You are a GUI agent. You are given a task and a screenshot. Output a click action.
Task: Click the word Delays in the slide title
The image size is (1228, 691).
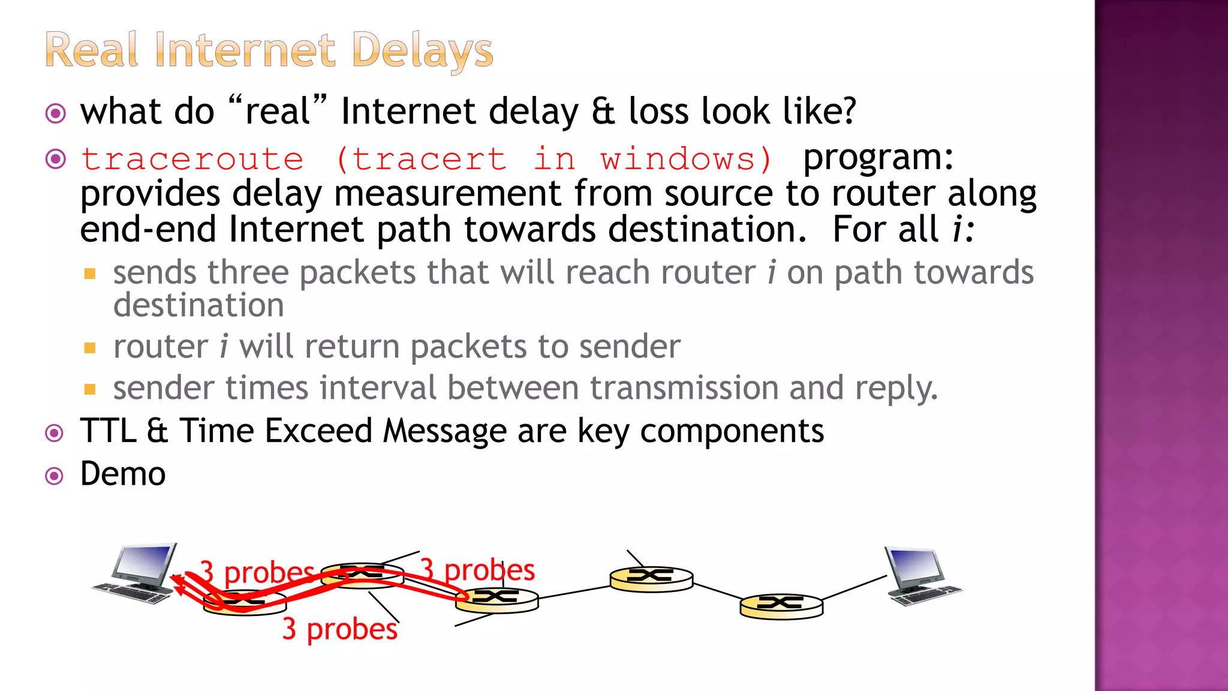[422, 50]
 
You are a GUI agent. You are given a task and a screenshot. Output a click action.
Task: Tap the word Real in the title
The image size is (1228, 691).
[92, 50]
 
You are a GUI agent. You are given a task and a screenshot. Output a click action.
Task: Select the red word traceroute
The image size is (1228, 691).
[192, 160]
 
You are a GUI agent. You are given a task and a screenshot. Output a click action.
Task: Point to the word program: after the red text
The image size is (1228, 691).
[878, 158]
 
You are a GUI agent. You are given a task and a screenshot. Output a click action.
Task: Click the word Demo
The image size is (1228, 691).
[123, 474]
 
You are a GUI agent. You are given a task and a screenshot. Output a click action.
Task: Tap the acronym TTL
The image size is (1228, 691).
[109, 431]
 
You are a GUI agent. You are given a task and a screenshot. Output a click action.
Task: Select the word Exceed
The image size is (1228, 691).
[318, 431]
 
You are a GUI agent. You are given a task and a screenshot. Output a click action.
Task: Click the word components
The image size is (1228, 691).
[732, 432]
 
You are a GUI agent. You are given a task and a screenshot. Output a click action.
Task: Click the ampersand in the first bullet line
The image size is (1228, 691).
[603, 112]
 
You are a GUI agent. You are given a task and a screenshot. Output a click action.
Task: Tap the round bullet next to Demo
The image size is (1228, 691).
[55, 476]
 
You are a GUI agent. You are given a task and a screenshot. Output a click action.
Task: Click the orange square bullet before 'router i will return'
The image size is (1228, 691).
[90, 348]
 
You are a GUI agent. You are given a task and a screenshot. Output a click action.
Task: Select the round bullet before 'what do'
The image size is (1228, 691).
[56, 113]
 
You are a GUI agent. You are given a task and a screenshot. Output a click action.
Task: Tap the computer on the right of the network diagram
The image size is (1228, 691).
[921, 576]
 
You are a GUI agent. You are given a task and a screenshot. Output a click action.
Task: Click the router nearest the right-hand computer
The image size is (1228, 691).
[781, 606]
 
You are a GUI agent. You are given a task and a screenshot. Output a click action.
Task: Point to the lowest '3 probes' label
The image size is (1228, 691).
[339, 629]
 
